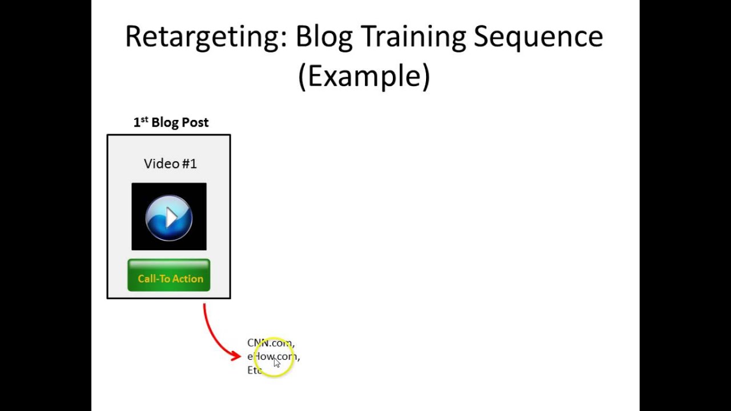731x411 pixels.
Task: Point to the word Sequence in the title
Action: point(538,37)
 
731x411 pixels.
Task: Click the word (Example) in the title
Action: point(364,76)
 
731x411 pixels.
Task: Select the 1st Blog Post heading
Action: point(171,122)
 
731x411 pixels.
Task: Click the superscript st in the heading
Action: point(144,119)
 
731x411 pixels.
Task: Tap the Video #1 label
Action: point(170,164)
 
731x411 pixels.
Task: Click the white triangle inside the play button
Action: point(171,217)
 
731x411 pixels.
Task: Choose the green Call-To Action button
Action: point(169,276)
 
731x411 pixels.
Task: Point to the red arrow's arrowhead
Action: point(236,356)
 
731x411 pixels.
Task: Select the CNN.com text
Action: point(271,342)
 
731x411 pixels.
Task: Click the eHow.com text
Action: point(273,356)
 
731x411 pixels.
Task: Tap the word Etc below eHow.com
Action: point(254,370)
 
